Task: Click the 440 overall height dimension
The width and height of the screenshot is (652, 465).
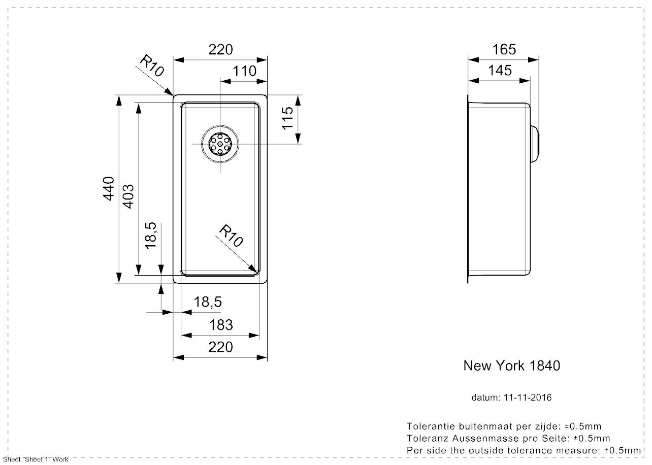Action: coord(108,189)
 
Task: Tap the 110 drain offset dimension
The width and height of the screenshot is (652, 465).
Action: coord(245,71)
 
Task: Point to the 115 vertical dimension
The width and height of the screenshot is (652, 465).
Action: coord(287,118)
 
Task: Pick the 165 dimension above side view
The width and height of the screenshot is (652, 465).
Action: coord(504,49)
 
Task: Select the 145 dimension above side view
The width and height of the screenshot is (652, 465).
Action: coord(500,70)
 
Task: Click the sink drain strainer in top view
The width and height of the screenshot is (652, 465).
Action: coord(220,144)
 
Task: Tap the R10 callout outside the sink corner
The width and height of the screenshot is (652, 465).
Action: coord(152,66)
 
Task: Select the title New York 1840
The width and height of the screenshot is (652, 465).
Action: coord(511,366)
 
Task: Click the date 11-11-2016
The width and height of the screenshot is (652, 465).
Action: coord(527,397)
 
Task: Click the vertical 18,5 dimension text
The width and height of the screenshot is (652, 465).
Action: coord(151,235)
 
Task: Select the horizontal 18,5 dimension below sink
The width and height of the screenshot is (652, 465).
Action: coord(208,302)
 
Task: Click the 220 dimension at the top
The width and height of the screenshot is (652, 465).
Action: coord(220,49)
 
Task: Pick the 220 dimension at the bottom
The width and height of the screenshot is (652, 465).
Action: coord(220,347)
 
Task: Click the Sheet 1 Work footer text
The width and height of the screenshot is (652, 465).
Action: coord(35,459)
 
